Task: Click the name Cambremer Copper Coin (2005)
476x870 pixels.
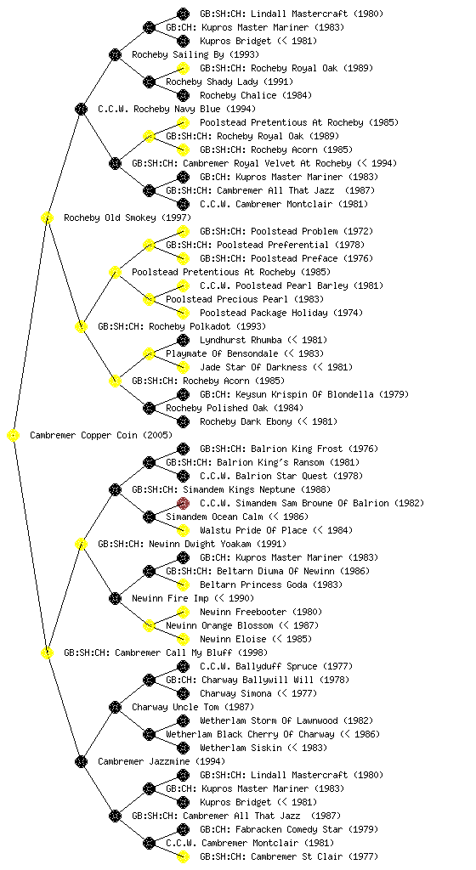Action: tap(101, 436)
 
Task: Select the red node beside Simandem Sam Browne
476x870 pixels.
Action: tap(183, 503)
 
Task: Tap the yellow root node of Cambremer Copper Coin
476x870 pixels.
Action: tap(14, 436)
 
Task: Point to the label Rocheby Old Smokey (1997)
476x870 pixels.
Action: tap(127, 218)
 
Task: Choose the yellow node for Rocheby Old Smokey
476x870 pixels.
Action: tap(47, 218)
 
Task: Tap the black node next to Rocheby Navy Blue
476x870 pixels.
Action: tap(81, 110)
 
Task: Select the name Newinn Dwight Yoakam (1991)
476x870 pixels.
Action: tap(218, 545)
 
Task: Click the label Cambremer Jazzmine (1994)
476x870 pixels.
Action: tap(161, 762)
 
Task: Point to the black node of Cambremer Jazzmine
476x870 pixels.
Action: tap(81, 762)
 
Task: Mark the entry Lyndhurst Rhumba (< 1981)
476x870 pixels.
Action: tap(263, 340)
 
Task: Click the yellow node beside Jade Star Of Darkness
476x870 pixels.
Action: tap(183, 367)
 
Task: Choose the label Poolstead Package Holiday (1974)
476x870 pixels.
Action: tap(281, 313)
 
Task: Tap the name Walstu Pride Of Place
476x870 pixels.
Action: tap(253, 530)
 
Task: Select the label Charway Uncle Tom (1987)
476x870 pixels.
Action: tap(193, 708)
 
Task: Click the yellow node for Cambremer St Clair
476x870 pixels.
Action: tap(183, 856)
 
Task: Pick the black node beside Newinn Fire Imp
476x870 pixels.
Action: tap(115, 599)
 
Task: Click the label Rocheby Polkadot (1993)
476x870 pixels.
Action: tap(207, 327)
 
